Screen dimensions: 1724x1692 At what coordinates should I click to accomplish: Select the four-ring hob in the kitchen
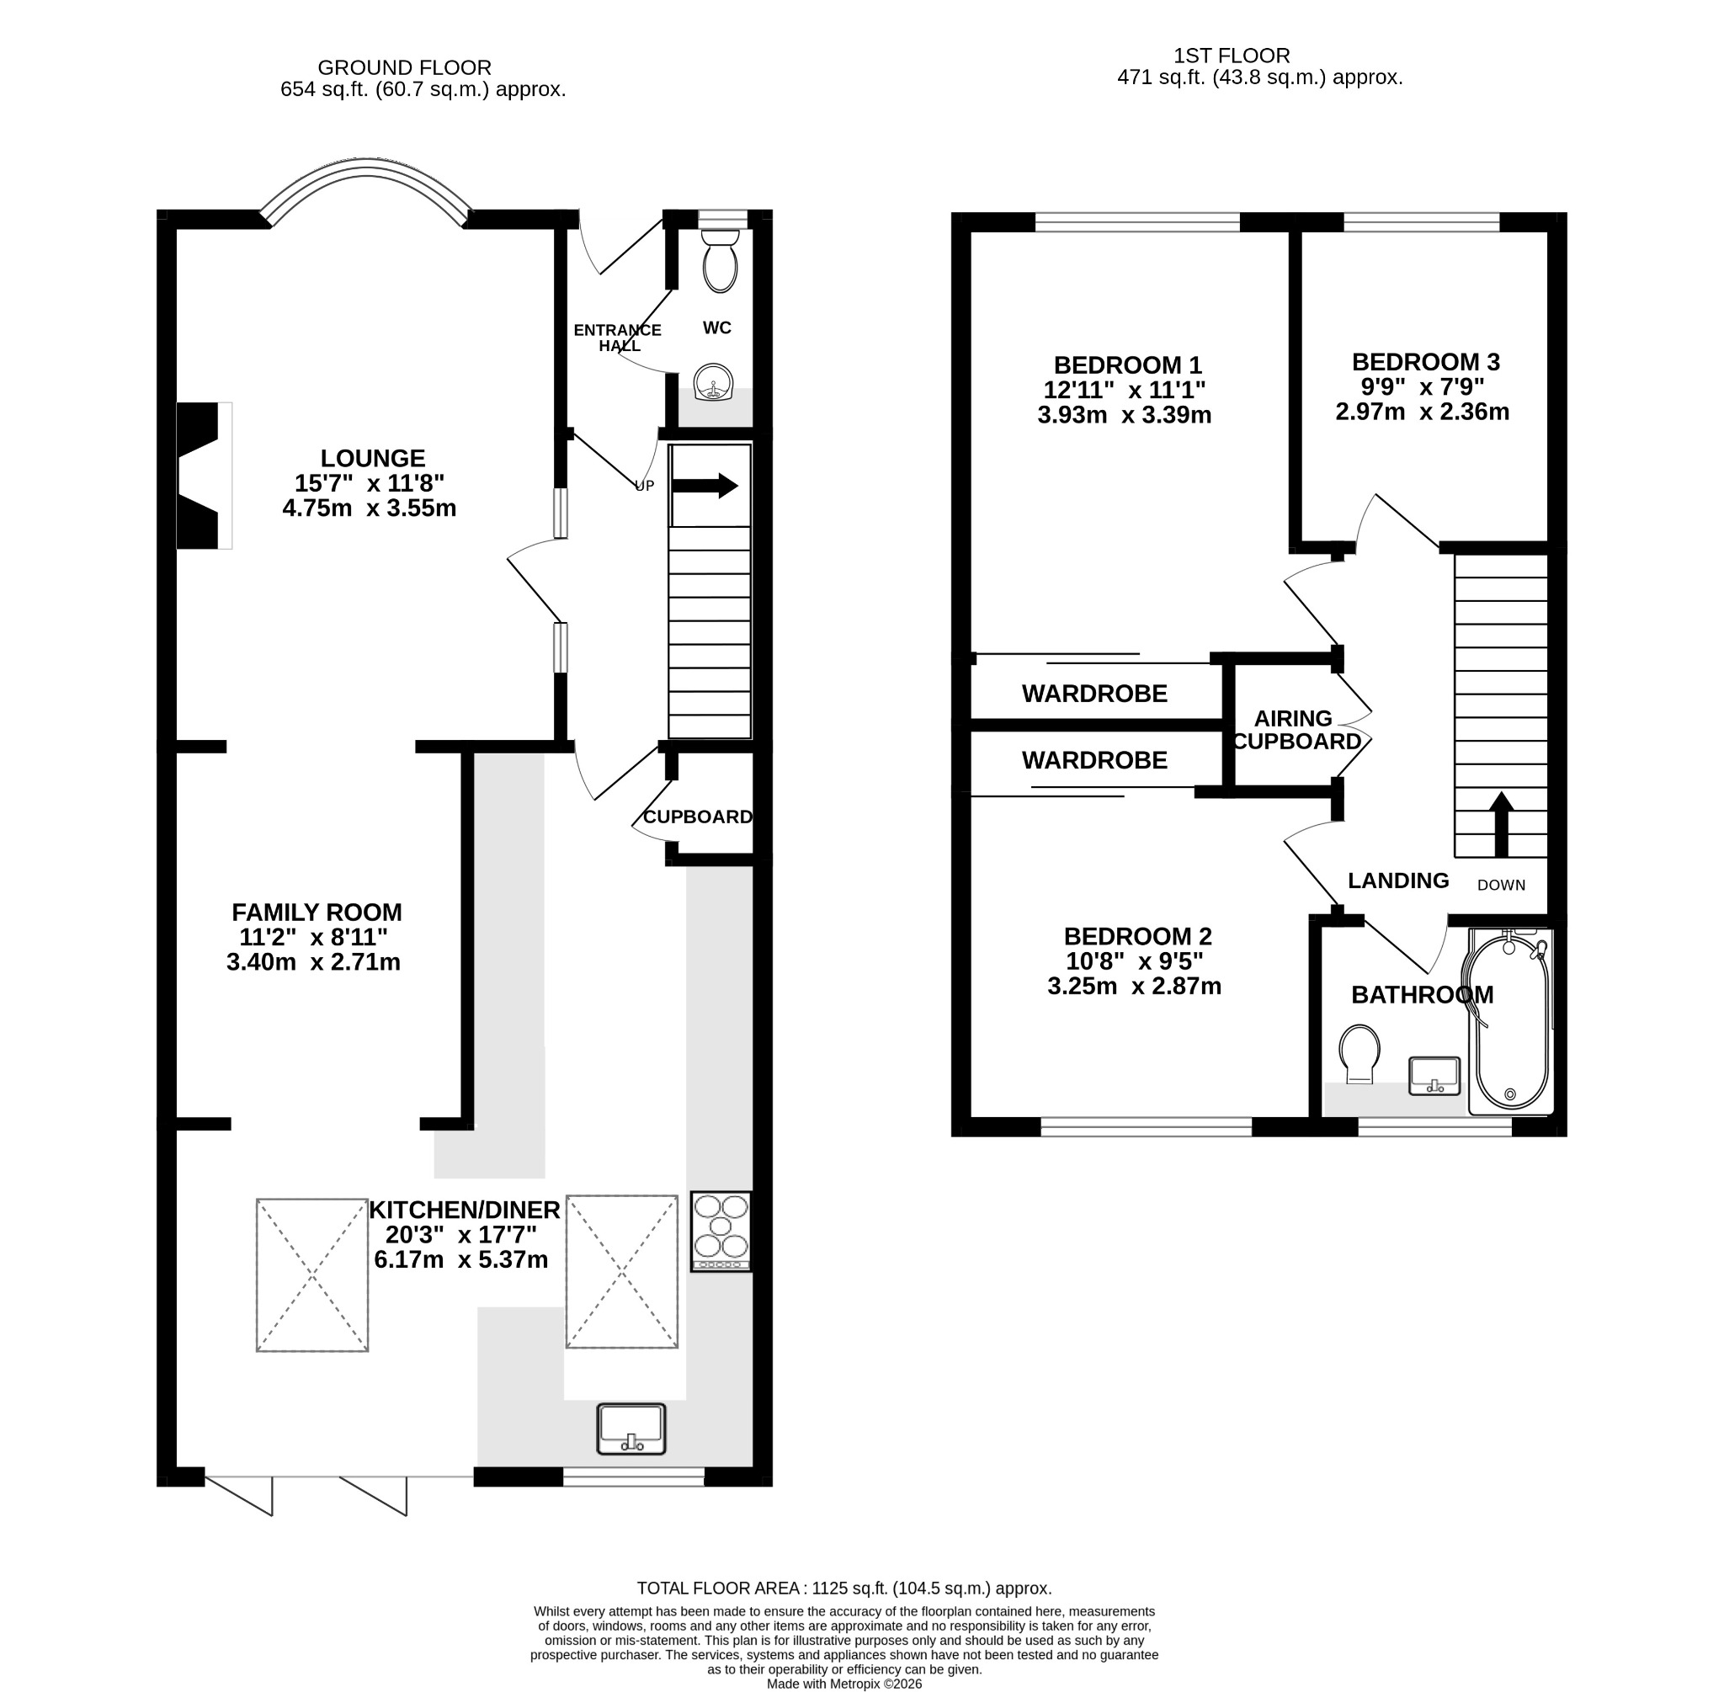pos(721,1231)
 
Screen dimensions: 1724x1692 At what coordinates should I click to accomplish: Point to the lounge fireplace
pos(205,476)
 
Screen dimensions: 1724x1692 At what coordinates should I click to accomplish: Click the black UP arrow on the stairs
pos(705,486)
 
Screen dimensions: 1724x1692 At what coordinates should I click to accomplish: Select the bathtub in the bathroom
pos(1511,1021)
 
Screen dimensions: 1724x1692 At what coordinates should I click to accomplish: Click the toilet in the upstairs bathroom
pos(1359,1054)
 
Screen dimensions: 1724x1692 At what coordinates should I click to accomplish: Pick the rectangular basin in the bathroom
pos(1434,1076)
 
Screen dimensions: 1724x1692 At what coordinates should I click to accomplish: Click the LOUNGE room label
pos(373,459)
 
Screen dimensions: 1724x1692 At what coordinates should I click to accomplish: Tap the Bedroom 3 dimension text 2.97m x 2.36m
pos(1422,412)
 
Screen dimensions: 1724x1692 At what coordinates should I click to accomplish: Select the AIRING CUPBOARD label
pos(1296,730)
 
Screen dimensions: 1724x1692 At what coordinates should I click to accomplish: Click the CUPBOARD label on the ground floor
pos(698,817)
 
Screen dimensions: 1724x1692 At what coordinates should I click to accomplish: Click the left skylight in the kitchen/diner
pos(312,1275)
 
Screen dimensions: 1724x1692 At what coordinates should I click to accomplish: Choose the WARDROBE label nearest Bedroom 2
pos(1095,760)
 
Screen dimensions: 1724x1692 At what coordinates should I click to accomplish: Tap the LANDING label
pos(1398,880)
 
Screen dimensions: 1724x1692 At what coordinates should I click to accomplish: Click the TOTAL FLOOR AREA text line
pos(844,1588)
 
